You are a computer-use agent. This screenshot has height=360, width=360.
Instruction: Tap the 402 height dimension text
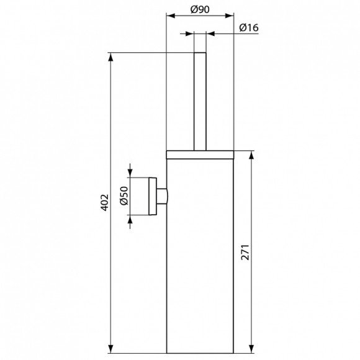click(x=104, y=201)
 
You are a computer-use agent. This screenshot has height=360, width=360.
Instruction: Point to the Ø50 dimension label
click(x=123, y=196)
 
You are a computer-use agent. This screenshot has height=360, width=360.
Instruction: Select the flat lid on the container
click(x=200, y=153)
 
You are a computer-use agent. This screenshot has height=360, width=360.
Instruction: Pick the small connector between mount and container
click(x=162, y=197)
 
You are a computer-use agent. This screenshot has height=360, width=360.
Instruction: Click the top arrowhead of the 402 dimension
click(x=111, y=58)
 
